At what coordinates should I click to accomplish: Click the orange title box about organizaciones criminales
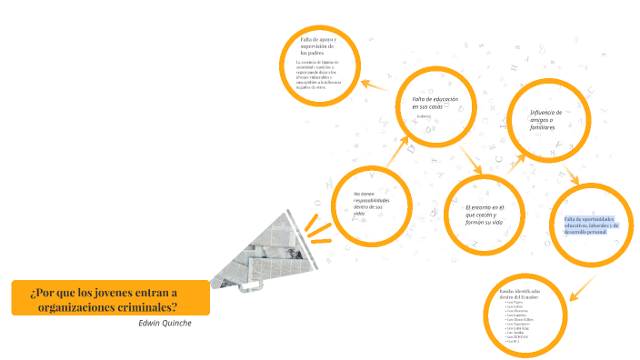(x=110, y=298)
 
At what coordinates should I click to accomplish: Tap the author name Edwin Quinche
(x=165, y=323)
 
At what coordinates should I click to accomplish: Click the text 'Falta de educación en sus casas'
(x=435, y=102)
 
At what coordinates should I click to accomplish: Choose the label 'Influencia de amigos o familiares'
(x=547, y=119)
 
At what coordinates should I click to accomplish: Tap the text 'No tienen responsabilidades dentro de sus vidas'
(x=372, y=205)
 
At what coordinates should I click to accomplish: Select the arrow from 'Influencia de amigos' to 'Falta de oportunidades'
(x=570, y=175)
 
